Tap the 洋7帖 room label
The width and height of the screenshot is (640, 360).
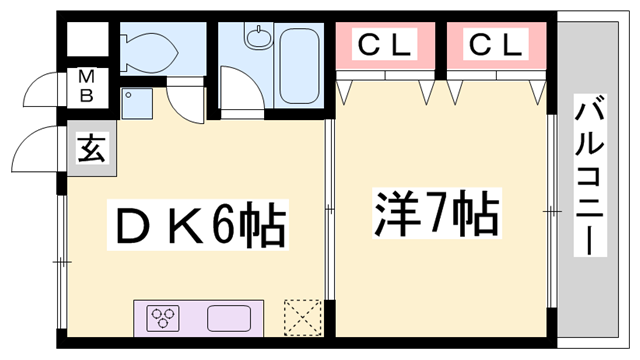(437, 211)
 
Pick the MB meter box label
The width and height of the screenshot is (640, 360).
(87, 87)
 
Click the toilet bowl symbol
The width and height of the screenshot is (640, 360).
(151, 46)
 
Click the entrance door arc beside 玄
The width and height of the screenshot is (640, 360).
(35, 150)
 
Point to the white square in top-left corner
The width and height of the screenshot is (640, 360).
(87, 41)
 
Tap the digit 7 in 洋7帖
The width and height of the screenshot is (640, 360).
(432, 211)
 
